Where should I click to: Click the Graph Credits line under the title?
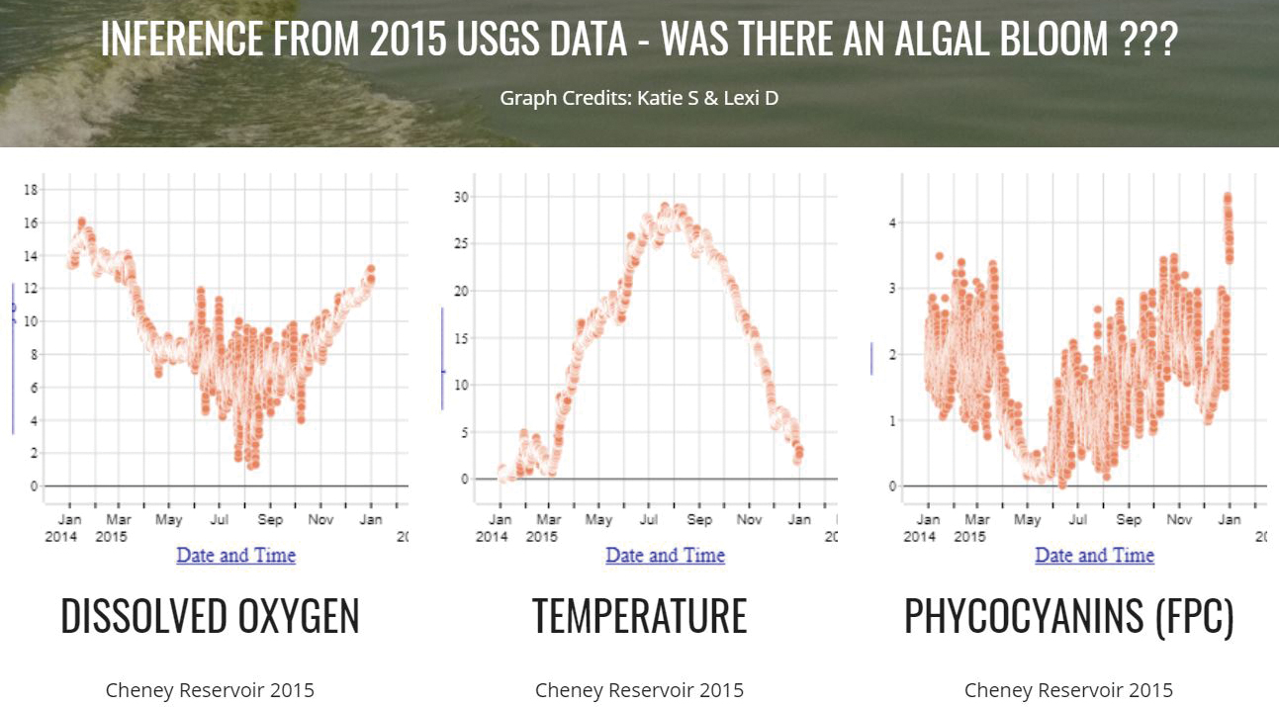[x=639, y=98]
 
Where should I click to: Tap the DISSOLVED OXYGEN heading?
[x=210, y=616]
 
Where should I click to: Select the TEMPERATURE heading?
[x=639, y=616]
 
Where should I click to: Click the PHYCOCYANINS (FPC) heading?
[x=1068, y=616]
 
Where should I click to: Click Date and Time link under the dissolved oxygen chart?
[x=235, y=556]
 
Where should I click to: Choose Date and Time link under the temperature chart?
[x=665, y=556]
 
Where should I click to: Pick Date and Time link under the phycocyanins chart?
[x=1094, y=556]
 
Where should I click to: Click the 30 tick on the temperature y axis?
[x=459, y=197]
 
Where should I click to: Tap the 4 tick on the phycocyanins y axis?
[x=892, y=223]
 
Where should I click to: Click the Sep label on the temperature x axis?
[x=698, y=519]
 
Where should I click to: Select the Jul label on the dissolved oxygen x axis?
[x=219, y=519]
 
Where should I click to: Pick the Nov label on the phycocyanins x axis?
[x=1178, y=519]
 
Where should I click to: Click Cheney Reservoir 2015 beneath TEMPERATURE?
[x=639, y=690]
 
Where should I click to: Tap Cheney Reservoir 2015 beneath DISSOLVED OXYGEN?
[x=210, y=690]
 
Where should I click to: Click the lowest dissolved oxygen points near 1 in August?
[x=253, y=463]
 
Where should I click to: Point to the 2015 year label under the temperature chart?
[x=541, y=537]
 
